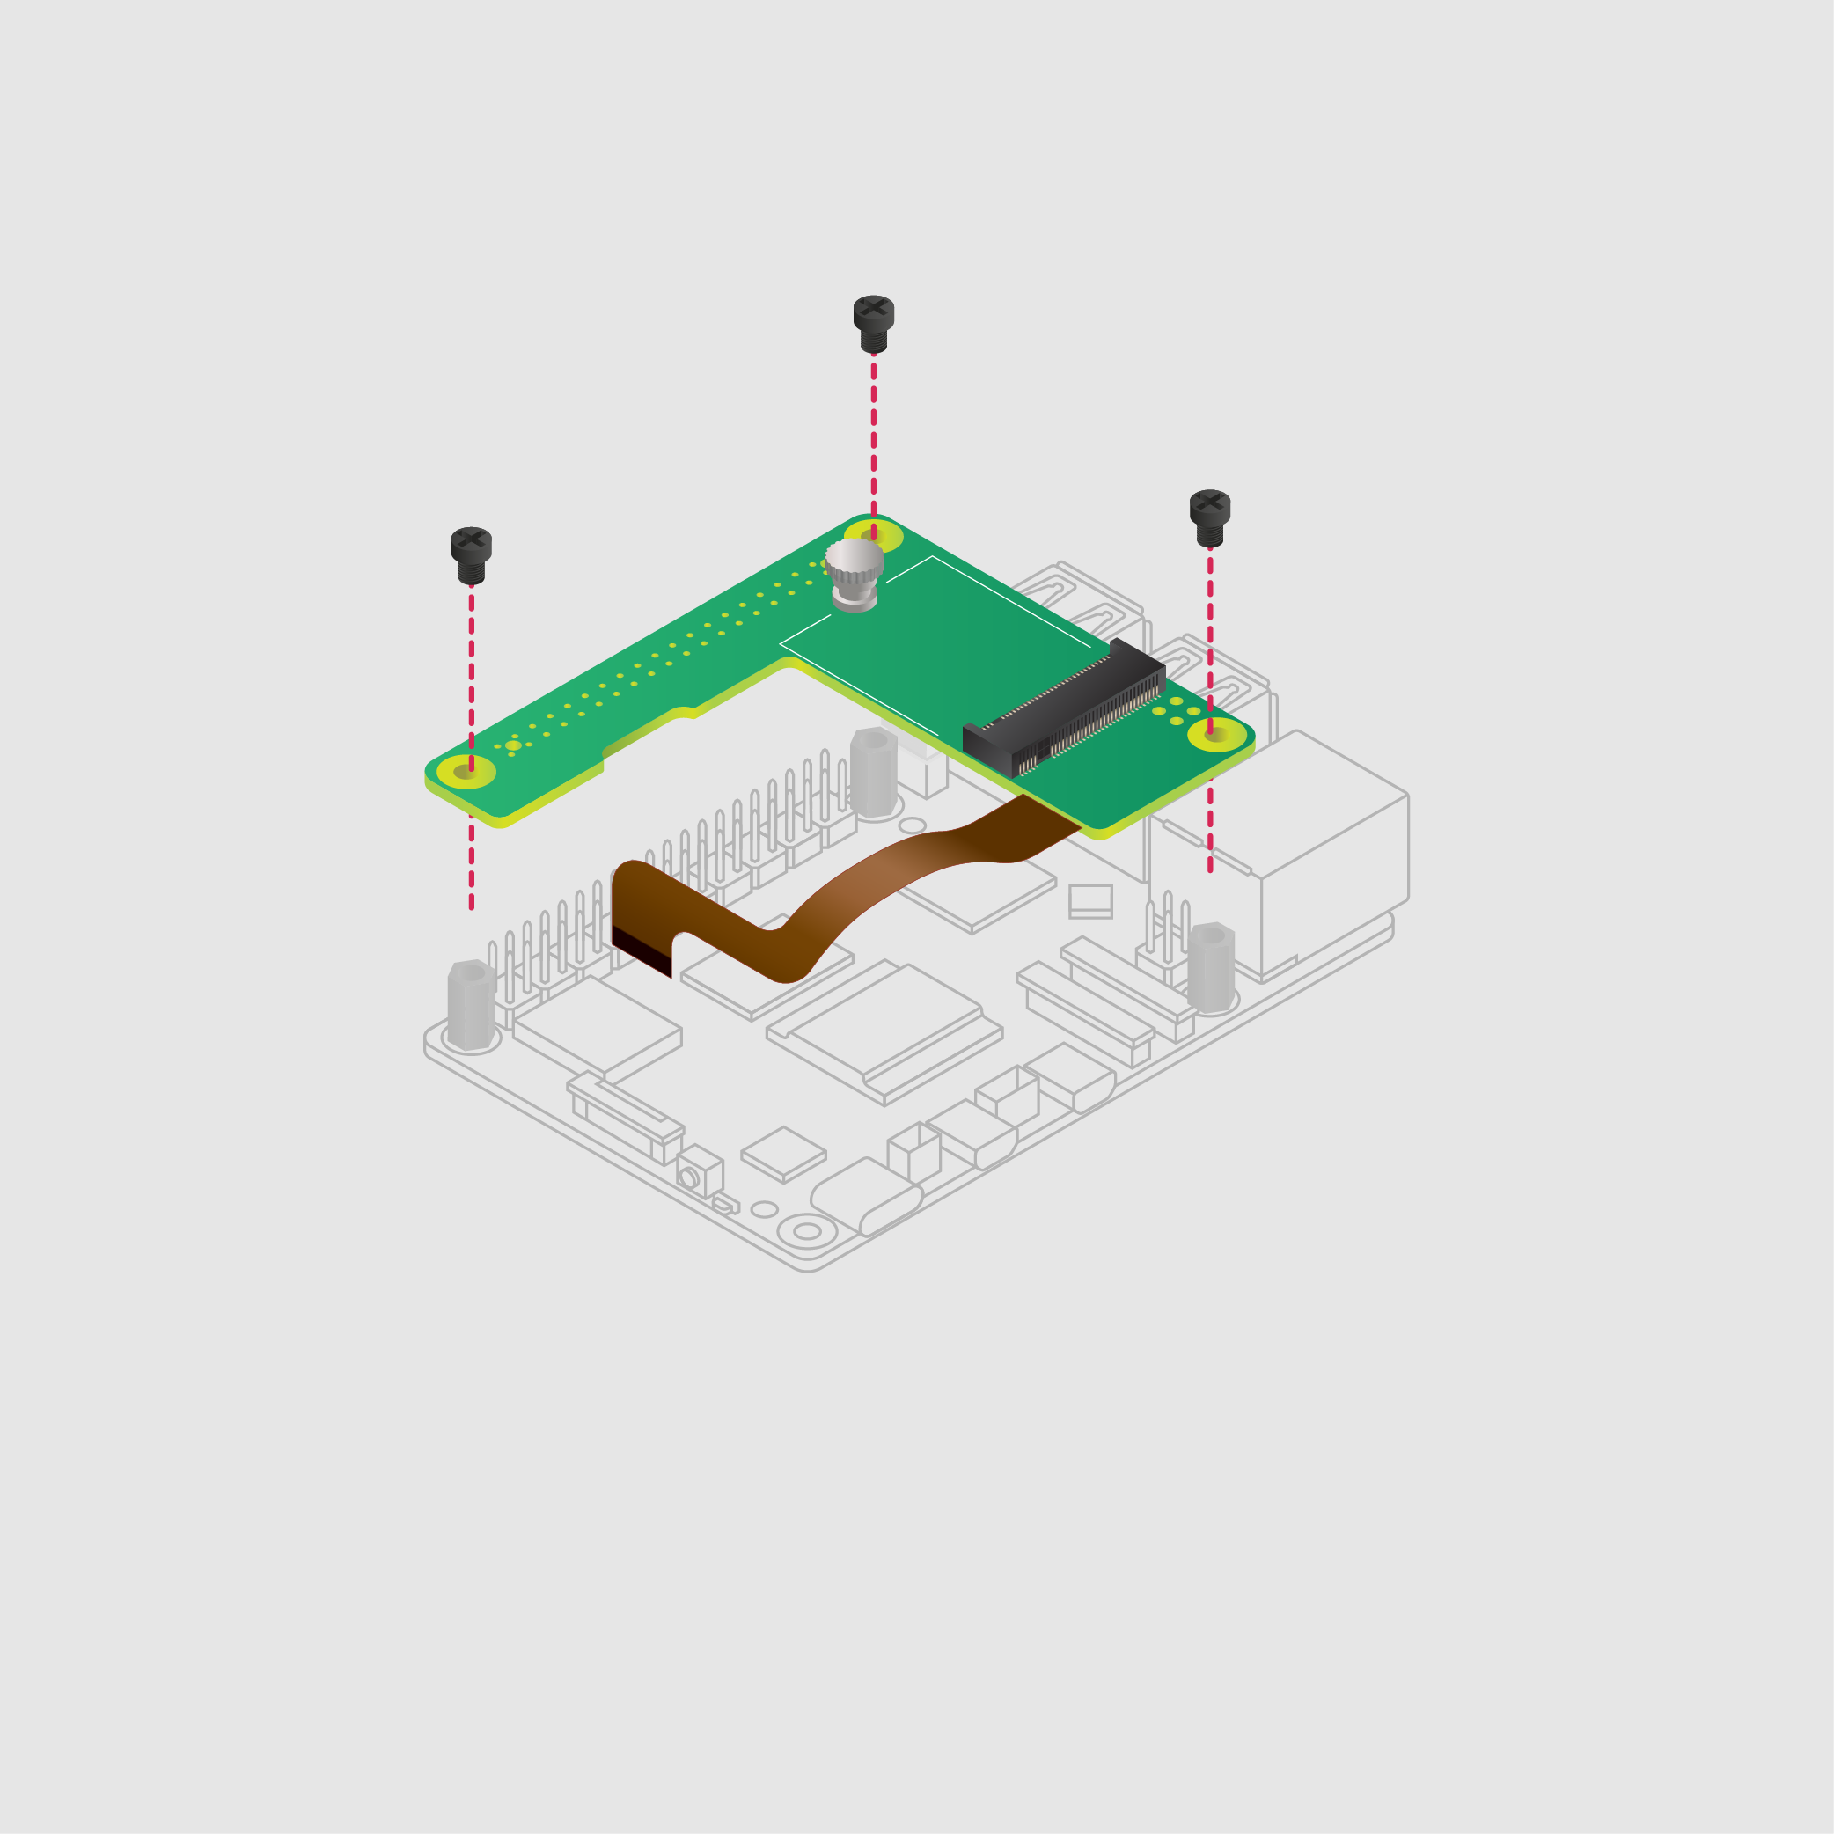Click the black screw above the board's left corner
click(471, 554)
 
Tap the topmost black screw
click(873, 323)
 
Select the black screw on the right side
click(1209, 517)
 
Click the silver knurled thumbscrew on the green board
click(855, 574)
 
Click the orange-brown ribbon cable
click(855, 892)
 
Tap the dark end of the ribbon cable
click(641, 950)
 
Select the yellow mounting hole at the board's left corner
click(466, 772)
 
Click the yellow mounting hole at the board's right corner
click(1216, 734)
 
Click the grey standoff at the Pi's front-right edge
click(1210, 967)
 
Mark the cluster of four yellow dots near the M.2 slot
click(1176, 711)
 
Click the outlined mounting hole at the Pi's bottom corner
click(807, 1231)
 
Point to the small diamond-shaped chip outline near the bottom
click(783, 1153)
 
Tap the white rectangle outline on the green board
click(935, 645)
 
